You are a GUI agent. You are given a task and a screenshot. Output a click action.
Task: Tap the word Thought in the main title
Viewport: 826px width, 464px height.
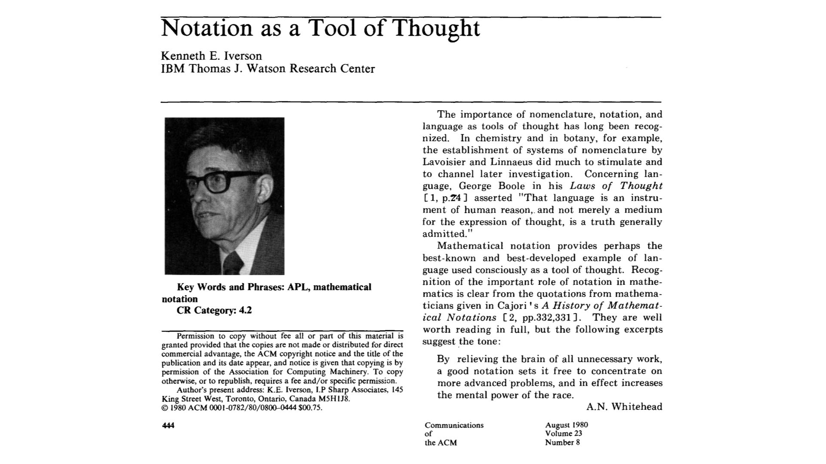tap(436, 28)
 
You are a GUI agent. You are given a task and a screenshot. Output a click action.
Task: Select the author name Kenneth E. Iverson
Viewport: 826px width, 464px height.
tap(211, 56)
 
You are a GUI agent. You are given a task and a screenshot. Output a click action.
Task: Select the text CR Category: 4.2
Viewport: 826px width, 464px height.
tap(214, 310)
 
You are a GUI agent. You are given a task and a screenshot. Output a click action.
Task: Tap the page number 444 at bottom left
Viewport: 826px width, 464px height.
tap(168, 425)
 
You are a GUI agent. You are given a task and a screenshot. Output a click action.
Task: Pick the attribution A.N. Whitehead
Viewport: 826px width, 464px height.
tap(624, 406)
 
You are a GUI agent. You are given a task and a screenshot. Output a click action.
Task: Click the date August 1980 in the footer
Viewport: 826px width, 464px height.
tap(566, 425)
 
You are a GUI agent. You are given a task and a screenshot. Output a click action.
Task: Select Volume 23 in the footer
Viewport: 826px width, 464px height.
tap(563, 433)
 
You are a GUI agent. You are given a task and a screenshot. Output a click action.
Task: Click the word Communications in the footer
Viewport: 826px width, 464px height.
tap(454, 425)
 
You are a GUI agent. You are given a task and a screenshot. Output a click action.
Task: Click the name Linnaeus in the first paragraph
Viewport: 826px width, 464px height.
tap(509, 162)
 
